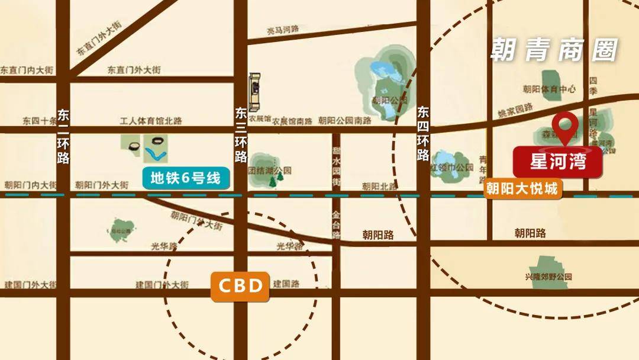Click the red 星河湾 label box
coord(557,162)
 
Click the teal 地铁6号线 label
coord(185,178)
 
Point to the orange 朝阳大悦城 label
coord(521,189)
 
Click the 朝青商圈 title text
coord(554,51)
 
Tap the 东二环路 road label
coord(63,136)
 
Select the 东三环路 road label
coord(240,135)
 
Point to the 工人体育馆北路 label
coord(151,121)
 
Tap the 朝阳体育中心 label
coord(549,89)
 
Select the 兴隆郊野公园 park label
coord(548,277)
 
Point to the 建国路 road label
coord(286,284)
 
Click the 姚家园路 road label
coord(515,109)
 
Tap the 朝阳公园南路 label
coord(344,121)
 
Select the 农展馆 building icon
coord(256,92)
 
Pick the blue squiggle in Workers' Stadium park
coord(156,155)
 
